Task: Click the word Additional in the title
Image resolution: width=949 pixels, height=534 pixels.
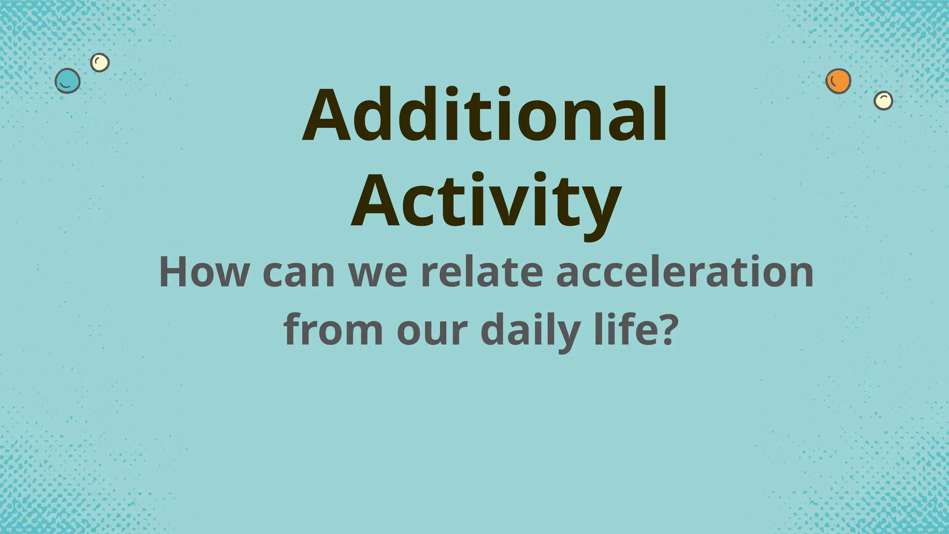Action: [x=485, y=114]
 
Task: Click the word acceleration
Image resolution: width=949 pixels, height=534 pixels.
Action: [x=685, y=272]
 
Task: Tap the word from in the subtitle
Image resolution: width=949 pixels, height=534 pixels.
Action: [x=333, y=330]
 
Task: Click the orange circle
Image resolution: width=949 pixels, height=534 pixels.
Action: [x=838, y=81]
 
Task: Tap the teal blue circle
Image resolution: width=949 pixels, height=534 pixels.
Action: [x=68, y=81]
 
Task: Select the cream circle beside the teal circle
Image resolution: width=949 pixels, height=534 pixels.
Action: [x=100, y=62]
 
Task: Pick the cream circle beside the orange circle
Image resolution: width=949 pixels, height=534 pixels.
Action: [x=883, y=100]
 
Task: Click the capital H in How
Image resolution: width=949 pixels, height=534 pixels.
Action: [x=175, y=272]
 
